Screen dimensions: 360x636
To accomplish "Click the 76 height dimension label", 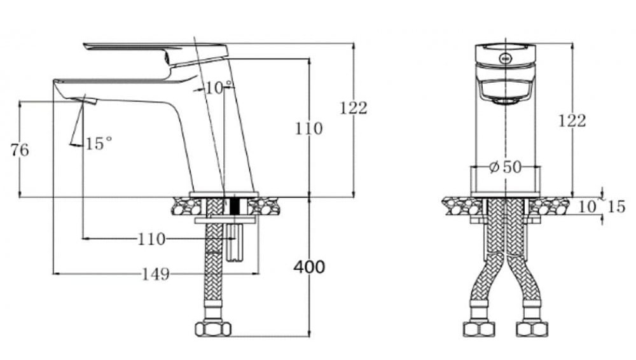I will (20, 151).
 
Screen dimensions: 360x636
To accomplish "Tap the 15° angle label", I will (99, 144).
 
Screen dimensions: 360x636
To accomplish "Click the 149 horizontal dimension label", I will (155, 274).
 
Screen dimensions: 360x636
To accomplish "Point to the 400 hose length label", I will (309, 267).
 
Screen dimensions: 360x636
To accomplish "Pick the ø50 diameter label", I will (505, 167).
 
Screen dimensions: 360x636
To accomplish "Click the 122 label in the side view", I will (353, 108).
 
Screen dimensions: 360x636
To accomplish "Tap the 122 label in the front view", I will (572, 120).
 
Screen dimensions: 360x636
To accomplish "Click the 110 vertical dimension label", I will (308, 128).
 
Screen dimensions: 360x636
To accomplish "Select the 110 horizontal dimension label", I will (151, 239).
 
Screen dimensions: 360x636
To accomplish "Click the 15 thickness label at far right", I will (616, 206).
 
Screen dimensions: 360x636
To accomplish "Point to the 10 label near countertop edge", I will (588, 206).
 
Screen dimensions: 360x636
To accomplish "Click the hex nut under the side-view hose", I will (212, 329).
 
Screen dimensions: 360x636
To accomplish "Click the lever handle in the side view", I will (156, 50).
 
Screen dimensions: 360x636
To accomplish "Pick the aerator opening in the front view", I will (505, 100).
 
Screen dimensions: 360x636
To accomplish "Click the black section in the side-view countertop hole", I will (238, 205).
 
